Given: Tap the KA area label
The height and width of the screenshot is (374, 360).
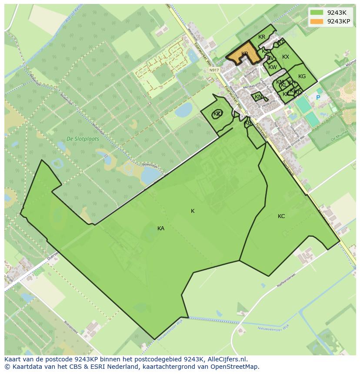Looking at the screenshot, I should point(161,228).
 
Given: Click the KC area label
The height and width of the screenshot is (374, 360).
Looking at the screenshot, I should point(281,216).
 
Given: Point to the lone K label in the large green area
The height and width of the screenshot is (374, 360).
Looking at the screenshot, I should point(193,211).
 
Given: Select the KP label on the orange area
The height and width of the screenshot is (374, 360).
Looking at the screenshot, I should point(244,54).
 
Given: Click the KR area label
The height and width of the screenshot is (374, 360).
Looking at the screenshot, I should point(262,37).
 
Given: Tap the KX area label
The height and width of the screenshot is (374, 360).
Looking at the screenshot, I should point(286,57).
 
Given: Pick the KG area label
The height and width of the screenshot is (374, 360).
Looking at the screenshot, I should point(302,76).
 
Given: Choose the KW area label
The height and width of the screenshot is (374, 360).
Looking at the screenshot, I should point(273,67).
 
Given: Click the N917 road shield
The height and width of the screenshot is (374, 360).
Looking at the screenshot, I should point(213,70).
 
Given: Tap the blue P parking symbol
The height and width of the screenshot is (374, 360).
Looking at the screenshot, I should point(318,98).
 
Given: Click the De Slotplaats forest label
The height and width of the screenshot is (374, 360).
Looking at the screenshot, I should point(83,139).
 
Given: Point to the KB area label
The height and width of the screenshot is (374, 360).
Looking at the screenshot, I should point(248,123).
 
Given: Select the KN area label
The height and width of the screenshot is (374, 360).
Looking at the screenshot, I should point(258,97).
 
